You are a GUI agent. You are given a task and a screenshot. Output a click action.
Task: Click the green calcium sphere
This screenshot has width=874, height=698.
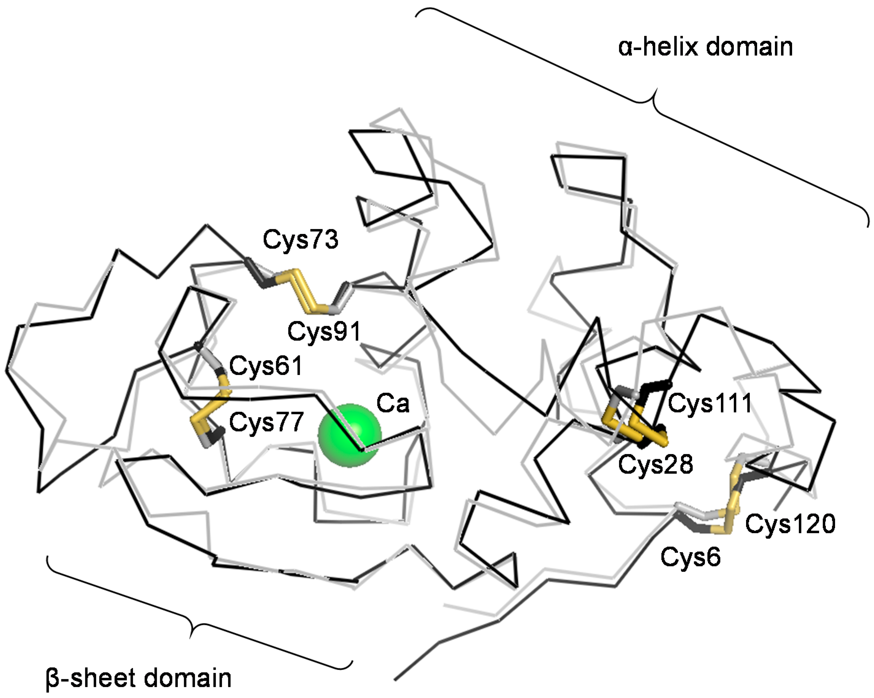350,436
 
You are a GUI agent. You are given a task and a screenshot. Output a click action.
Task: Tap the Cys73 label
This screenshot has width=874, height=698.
300,239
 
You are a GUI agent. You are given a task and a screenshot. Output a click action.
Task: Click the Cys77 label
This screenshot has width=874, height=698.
266,422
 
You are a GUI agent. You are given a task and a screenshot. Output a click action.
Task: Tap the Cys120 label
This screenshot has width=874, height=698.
790,524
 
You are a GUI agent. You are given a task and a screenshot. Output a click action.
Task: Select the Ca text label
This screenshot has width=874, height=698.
393,403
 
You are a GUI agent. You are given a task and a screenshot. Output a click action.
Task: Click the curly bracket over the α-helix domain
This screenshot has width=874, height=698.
649,101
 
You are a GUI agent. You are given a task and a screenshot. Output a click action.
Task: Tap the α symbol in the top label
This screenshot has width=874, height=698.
627,48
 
